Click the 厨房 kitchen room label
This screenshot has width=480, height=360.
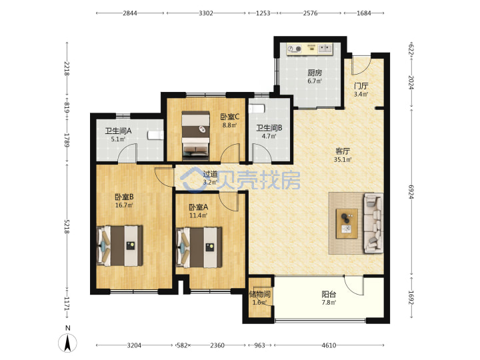[x=315, y=73]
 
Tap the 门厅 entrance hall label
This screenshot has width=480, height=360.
[x=361, y=86]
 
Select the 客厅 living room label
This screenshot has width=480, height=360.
[x=343, y=151]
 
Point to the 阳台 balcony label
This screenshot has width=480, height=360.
[x=329, y=295]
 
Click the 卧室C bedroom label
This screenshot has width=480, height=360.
[x=229, y=117]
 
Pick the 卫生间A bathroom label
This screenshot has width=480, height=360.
[x=118, y=131]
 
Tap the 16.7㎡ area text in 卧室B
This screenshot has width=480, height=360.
[x=124, y=205]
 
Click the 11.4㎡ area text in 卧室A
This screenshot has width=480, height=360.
[x=199, y=215]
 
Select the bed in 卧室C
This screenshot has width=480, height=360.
[x=196, y=135]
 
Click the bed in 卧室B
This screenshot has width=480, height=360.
[x=120, y=246]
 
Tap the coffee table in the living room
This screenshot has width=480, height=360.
[x=347, y=224]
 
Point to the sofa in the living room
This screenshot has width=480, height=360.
[x=373, y=223]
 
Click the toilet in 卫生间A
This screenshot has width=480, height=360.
[x=155, y=135]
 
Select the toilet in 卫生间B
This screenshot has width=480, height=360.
[x=257, y=109]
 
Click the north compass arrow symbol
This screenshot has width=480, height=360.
[x=67, y=343]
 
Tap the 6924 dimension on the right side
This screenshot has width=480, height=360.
[x=411, y=191]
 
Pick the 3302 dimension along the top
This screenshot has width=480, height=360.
[x=206, y=13]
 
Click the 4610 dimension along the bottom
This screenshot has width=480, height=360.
[x=329, y=345]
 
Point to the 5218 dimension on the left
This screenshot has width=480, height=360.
[x=67, y=226]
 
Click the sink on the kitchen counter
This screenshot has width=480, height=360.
[x=325, y=49]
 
